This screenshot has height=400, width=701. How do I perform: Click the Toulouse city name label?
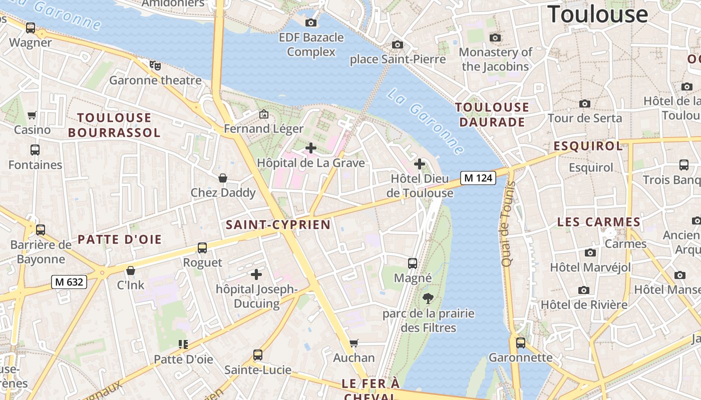598,14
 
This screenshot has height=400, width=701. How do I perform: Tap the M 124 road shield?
478,177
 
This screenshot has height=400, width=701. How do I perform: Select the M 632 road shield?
69,282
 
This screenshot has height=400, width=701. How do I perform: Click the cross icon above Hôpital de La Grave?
311,148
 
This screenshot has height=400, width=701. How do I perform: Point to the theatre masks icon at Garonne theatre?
155,65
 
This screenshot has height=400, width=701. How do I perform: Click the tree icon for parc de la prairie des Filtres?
428,298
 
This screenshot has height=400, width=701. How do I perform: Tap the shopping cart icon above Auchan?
354,343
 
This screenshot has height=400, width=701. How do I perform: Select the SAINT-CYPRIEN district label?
278,224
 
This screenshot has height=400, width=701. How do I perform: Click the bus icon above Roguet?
202,247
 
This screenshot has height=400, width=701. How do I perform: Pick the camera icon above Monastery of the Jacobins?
495,37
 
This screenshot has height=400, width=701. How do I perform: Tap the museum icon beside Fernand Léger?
264,114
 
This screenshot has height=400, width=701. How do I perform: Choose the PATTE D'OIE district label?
120,239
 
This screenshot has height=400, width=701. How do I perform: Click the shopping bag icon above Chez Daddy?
223,178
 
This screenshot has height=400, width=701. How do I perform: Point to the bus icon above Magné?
413,263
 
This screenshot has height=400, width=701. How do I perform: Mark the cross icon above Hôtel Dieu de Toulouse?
420,164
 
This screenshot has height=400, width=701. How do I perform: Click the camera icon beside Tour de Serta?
584,103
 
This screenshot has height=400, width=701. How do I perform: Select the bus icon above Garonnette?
521,343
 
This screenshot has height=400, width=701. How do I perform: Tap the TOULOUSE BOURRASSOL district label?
114,125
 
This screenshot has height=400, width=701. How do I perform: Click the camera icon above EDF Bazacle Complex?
311,22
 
